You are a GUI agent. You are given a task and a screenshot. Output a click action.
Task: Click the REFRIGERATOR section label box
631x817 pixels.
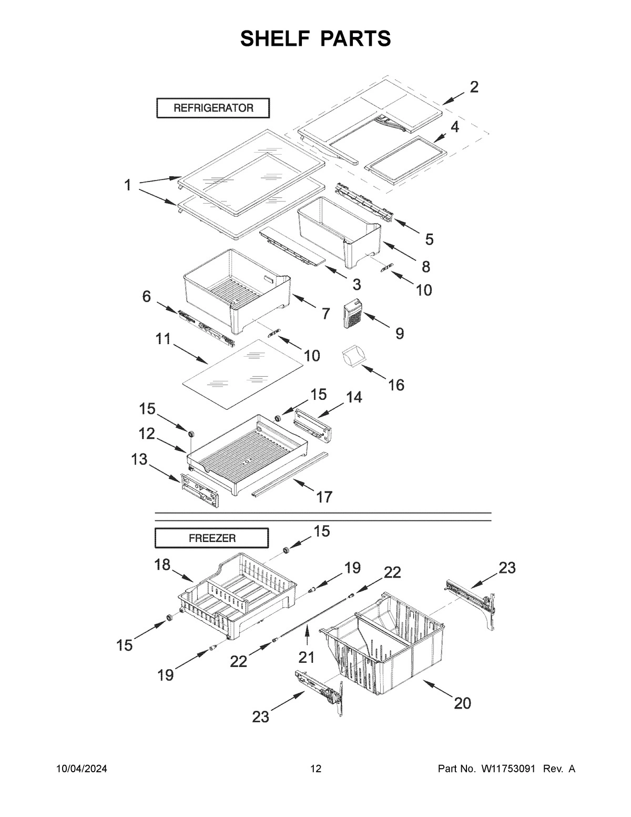click(x=213, y=108)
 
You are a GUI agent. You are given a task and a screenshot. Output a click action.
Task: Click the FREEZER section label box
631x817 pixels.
click(x=211, y=538)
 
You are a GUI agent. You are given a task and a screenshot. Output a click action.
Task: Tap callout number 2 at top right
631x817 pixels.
click(x=474, y=87)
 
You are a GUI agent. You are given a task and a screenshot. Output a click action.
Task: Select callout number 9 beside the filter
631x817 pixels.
click(x=400, y=333)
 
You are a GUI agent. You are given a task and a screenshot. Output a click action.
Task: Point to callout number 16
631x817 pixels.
click(x=396, y=385)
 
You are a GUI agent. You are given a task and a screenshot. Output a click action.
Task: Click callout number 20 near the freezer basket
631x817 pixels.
click(x=462, y=703)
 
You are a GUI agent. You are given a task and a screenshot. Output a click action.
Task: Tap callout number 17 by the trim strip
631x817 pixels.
click(x=324, y=496)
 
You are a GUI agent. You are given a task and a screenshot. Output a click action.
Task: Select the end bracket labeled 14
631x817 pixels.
click(x=314, y=424)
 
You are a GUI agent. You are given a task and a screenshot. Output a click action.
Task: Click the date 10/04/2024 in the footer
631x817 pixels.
click(x=82, y=769)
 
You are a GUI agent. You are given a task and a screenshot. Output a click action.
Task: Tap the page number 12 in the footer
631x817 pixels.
click(x=315, y=769)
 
